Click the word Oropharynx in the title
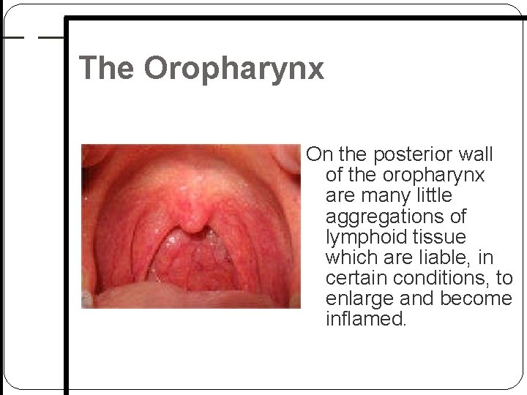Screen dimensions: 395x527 coord(233,68)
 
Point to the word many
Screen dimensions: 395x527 coord(383,196)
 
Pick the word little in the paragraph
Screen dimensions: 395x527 coord(436,196)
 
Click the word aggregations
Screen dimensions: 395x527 coord(396,217)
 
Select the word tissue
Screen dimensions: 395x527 coord(441,238)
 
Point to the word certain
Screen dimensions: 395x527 coord(356,279)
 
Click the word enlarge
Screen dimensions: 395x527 coord(359,299)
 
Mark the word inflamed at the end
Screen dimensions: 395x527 coord(365,320)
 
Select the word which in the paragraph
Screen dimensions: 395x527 coord(352,258)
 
